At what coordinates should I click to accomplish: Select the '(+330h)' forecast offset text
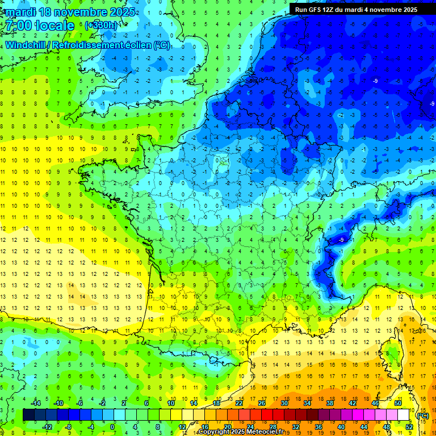coord(102,26)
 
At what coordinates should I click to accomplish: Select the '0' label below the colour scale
coord(112,427)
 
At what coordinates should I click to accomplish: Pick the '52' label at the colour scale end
coord(409,427)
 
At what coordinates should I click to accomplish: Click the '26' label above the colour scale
coord(262,403)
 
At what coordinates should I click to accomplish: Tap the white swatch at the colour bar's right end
coord(404,415)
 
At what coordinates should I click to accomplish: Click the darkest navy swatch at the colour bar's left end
coord(28,415)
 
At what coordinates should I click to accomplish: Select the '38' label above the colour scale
coord(330,403)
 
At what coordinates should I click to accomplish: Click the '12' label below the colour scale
coord(182,427)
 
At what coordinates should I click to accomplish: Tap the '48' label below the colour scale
coord(387,427)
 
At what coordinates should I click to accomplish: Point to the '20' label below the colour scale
coord(228,427)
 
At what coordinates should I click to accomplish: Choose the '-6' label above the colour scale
coord(80,403)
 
